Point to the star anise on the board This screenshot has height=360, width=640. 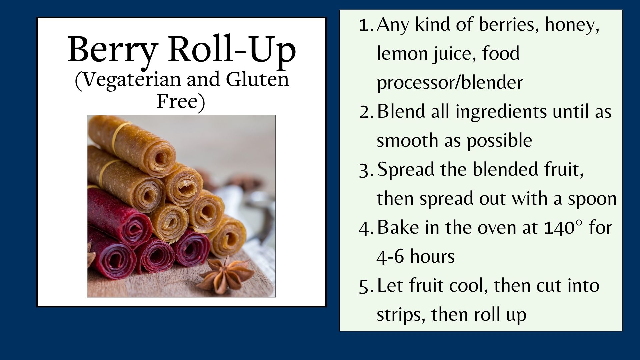click(226, 274)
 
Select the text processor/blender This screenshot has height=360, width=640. click(450, 82)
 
